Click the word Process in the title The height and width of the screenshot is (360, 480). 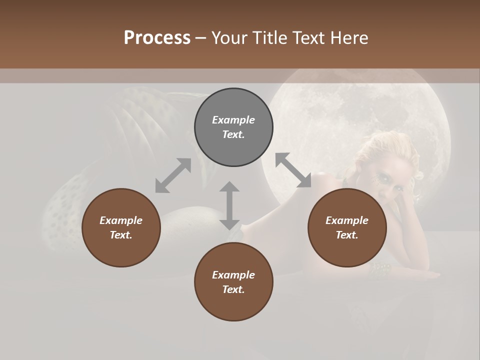(x=157, y=37)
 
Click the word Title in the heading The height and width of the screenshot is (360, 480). (x=269, y=37)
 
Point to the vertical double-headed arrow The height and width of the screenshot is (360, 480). (x=229, y=205)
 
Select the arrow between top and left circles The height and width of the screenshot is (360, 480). (x=173, y=175)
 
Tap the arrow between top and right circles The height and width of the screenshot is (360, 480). (x=293, y=170)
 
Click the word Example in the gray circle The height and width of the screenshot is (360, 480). (x=233, y=120)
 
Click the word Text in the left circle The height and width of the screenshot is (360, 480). (x=121, y=235)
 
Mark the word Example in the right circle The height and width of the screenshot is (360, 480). (x=347, y=220)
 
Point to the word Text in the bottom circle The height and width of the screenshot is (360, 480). (x=233, y=289)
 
